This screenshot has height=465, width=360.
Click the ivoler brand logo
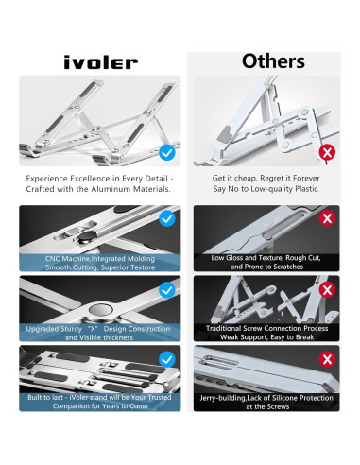click(x=101, y=62)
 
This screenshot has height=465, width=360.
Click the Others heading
click(x=273, y=61)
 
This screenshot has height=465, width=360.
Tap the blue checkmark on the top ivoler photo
click(x=167, y=152)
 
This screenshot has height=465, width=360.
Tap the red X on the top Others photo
click(x=327, y=152)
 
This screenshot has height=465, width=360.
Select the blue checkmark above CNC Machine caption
click(x=167, y=218)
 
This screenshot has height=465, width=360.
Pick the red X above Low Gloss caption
click(x=327, y=218)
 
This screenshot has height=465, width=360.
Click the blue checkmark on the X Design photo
click(x=167, y=290)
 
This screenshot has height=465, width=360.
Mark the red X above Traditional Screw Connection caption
click(x=327, y=290)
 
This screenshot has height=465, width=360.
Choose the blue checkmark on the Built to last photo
click(x=167, y=359)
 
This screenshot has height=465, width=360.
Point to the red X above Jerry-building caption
click(x=327, y=359)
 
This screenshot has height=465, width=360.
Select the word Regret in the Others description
click(x=272, y=179)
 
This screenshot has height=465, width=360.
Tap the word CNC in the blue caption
click(x=52, y=259)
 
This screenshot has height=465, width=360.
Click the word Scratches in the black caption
click(x=288, y=267)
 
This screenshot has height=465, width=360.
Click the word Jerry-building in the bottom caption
click(x=223, y=398)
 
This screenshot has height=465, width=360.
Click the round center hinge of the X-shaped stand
click(x=100, y=309)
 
